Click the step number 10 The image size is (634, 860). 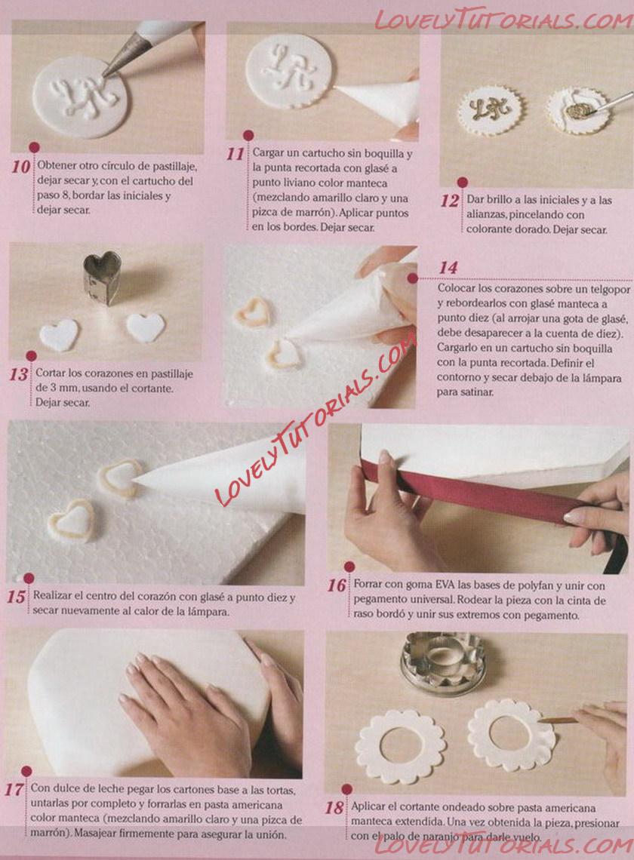[x=21, y=167]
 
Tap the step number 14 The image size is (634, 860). [x=448, y=268]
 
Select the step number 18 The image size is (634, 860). [x=334, y=808]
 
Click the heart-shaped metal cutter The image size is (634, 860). [x=102, y=278]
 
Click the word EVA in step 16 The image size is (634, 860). [x=445, y=585]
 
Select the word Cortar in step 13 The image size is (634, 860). [x=49, y=373]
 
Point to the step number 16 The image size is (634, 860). [x=337, y=585]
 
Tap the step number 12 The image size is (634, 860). [x=450, y=201]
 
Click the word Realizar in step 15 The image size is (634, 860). [x=52, y=596]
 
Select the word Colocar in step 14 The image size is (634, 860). [x=456, y=288]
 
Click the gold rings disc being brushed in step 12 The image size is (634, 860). [x=577, y=111]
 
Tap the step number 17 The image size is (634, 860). [x=14, y=790]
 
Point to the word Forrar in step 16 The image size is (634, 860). [x=368, y=585]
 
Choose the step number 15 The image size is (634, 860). [x=17, y=597]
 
